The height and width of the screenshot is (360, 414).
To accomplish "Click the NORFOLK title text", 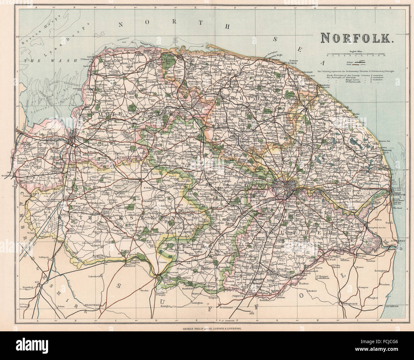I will tap(357, 38).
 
